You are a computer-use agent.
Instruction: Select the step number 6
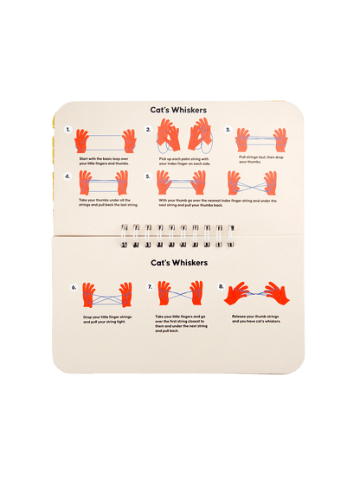tap(74, 286)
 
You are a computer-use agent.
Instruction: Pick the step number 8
tap(222, 286)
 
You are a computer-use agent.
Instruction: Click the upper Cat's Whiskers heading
tap(180, 110)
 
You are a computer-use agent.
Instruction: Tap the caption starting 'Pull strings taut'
tap(260, 160)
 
